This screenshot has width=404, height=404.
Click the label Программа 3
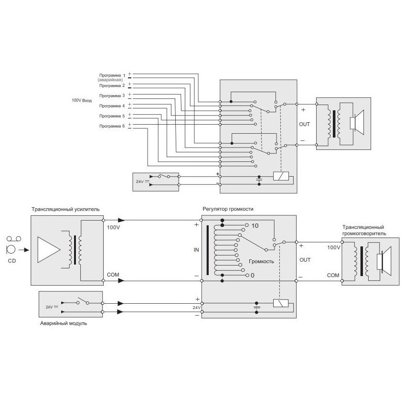(x=111, y=96)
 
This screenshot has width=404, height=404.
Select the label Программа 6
(x=111, y=126)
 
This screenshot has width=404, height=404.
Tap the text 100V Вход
(x=81, y=101)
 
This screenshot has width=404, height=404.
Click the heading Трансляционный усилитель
(x=66, y=209)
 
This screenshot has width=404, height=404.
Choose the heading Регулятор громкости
(x=228, y=209)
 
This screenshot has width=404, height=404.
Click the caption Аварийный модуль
(x=64, y=323)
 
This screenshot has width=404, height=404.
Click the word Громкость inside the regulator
(x=261, y=262)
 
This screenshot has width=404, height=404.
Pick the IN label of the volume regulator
(x=196, y=249)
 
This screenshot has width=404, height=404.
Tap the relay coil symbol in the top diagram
(x=279, y=176)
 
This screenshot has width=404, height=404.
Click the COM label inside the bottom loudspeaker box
(x=333, y=276)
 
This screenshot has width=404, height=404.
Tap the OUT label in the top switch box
(x=304, y=124)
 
